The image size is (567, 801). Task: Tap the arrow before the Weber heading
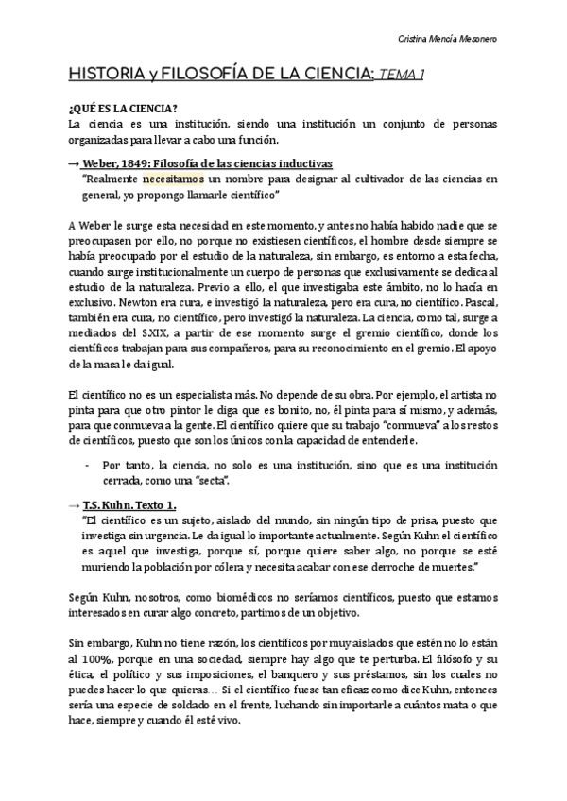74,162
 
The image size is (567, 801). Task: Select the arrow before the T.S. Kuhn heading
74,504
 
